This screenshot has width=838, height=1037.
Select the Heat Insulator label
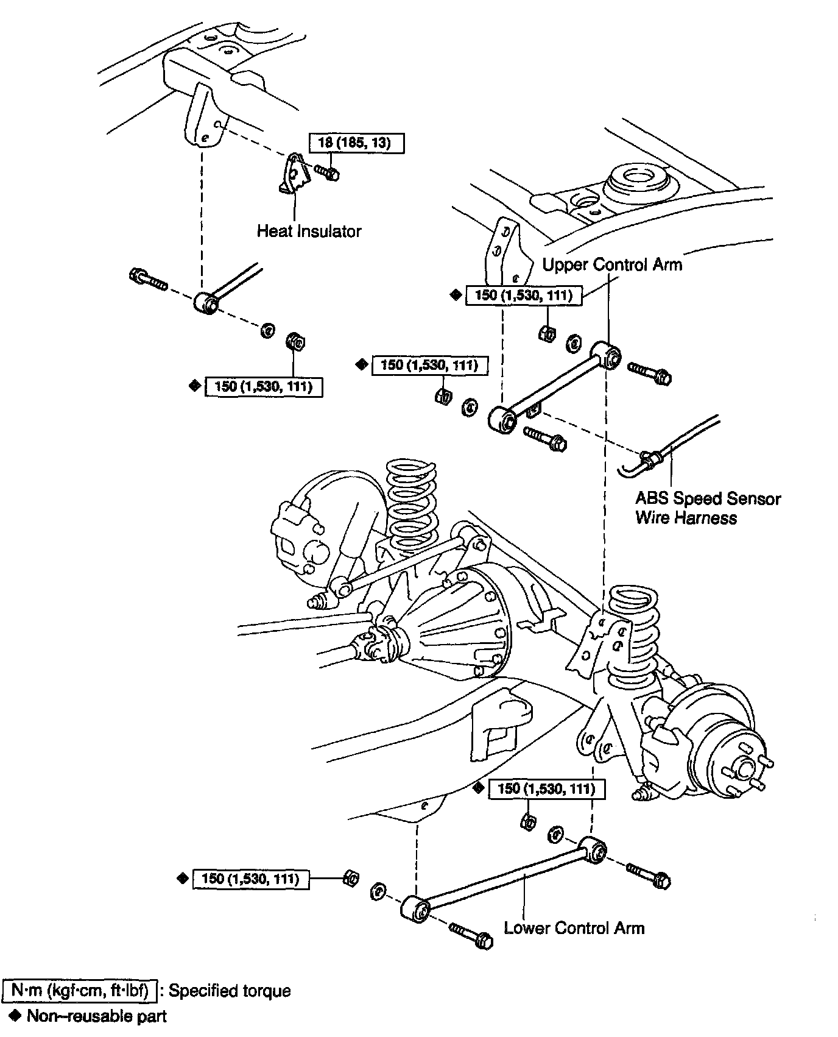pyautogui.click(x=309, y=232)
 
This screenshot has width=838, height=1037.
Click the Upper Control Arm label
pyautogui.click(x=612, y=264)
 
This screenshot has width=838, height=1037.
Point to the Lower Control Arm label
pyautogui.click(x=574, y=928)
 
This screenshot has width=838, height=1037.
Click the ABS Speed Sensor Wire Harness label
pyautogui.click(x=708, y=508)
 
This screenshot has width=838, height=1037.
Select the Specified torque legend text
pyautogui.click(x=230, y=991)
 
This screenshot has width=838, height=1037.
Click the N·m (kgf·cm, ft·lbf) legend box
pyautogui.click(x=80, y=991)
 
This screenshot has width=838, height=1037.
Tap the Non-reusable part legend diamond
pyautogui.click(x=16, y=1015)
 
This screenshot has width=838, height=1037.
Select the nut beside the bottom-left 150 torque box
pyautogui.click(x=350, y=878)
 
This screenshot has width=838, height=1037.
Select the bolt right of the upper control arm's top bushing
pyautogui.click(x=650, y=372)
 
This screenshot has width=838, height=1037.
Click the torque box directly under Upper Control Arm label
pyautogui.click(x=523, y=296)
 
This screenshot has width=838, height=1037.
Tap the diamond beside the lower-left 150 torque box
pyautogui.click(x=181, y=879)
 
